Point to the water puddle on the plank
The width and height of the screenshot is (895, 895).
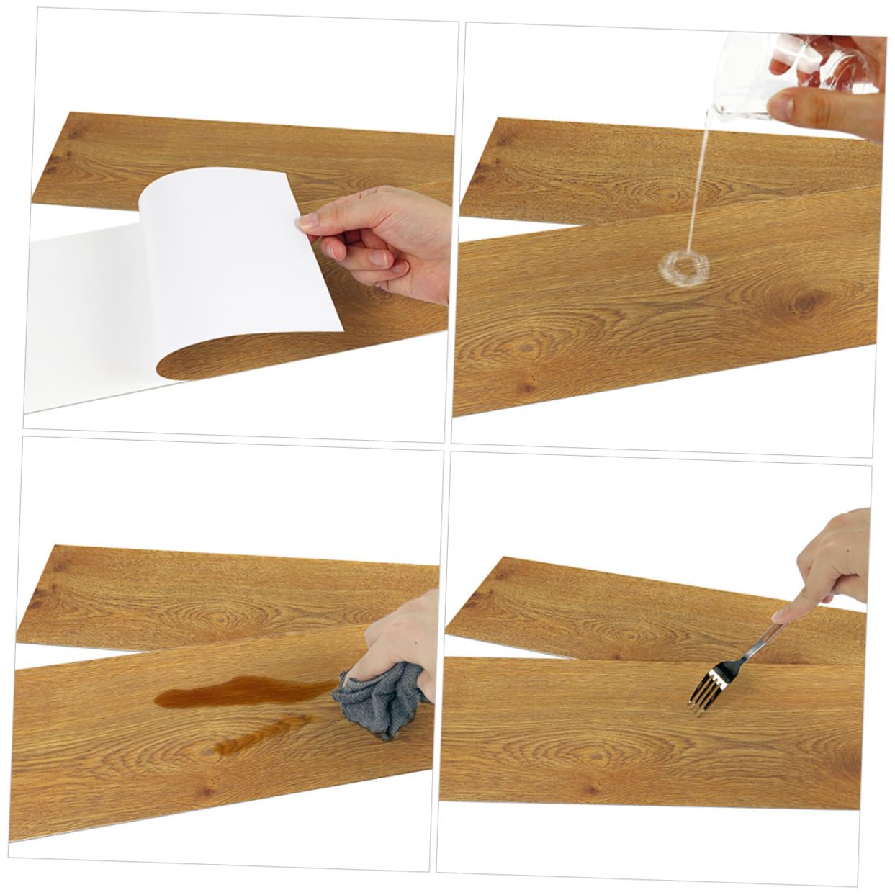point(685,268)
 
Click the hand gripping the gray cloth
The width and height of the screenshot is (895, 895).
point(403,641)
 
